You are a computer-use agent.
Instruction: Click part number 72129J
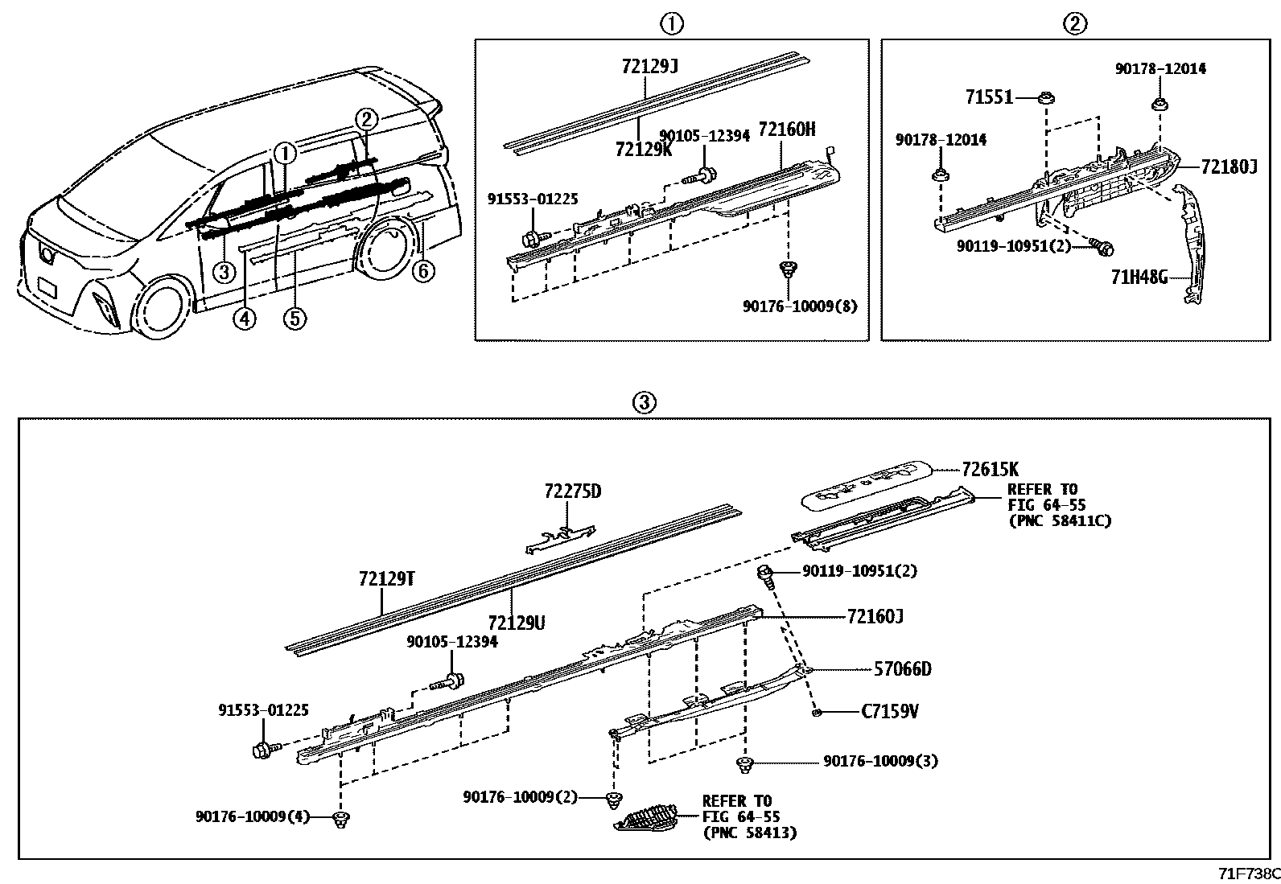[649, 68]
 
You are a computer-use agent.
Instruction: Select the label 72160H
[787, 130]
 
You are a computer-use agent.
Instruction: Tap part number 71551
[989, 98]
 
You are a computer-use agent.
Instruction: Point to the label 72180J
[1229, 167]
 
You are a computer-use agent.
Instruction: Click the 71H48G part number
[1139, 278]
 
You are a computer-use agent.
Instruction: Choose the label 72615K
[990, 469]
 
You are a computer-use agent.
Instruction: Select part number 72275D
[572, 491]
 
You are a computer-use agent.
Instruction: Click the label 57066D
[903, 668]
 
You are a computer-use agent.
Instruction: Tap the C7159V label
[890, 712]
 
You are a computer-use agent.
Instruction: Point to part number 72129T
[386, 578]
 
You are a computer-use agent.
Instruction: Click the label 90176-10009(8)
[800, 306]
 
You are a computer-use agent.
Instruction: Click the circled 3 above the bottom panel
[645, 403]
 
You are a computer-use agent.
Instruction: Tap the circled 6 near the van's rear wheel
[423, 272]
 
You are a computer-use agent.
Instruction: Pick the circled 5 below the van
[295, 319]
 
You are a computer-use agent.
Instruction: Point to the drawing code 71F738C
[1248, 874]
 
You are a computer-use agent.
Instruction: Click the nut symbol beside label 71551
[1045, 98]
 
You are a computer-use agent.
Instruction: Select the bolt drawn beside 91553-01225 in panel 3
[264, 750]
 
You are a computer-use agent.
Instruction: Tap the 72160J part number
[875, 617]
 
